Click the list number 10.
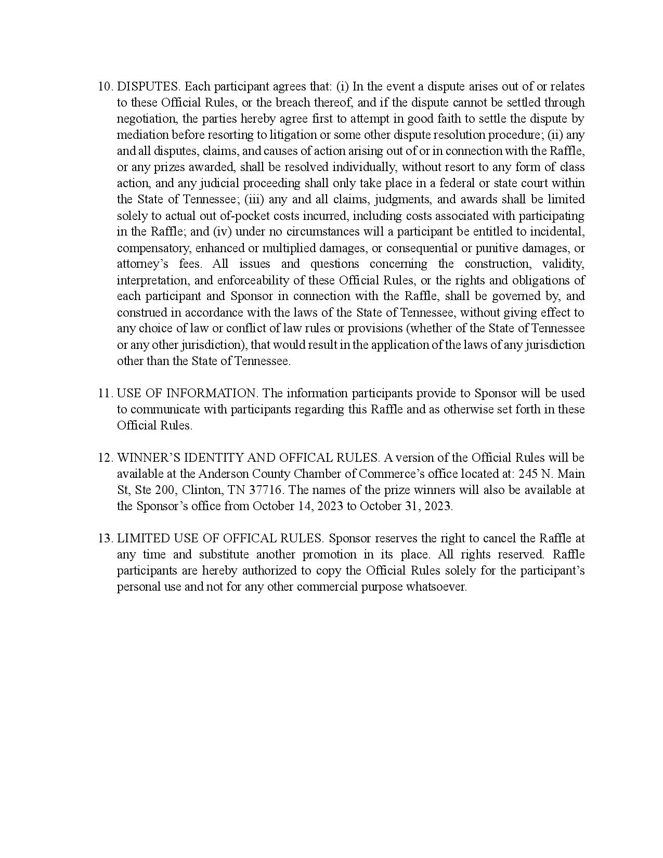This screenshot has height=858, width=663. [105, 86]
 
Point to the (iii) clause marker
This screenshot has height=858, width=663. [254, 199]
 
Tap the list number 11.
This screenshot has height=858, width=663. [105, 393]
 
